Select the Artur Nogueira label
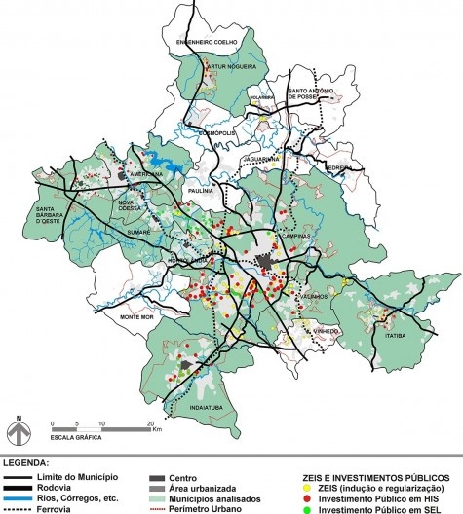point(231,67)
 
